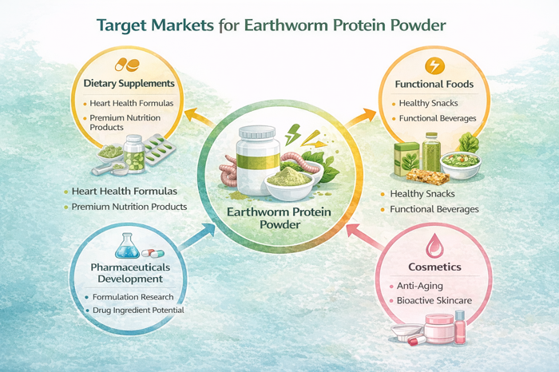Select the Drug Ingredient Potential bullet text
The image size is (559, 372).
[138, 310]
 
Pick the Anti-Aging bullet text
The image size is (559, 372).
[418, 286]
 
